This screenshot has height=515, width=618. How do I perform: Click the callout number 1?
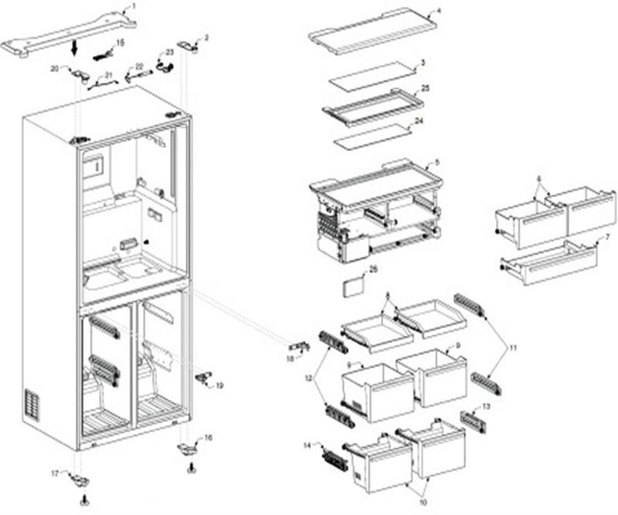pyautogui.click(x=133, y=6)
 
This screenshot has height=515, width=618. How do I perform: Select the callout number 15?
pyautogui.click(x=121, y=43)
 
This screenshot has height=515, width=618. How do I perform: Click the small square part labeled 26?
pyautogui.click(x=353, y=288)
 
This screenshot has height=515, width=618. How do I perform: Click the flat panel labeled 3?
pyautogui.click(x=371, y=77)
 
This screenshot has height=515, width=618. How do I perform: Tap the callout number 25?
pyautogui.click(x=426, y=89)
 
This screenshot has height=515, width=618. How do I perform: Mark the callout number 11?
pyautogui.click(x=515, y=350)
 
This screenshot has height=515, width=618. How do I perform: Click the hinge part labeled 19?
pyautogui.click(x=207, y=378)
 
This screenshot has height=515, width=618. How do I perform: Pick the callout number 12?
pyautogui.click(x=308, y=378)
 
